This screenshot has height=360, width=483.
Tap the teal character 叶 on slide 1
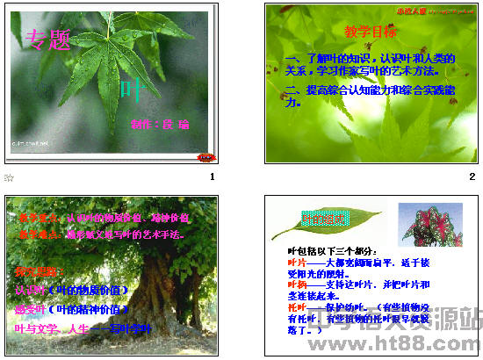coord(129,87)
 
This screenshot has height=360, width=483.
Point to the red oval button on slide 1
coord(205,156)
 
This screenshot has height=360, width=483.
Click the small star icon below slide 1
coord(9,178)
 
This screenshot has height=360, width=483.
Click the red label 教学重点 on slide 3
coord(32,217)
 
